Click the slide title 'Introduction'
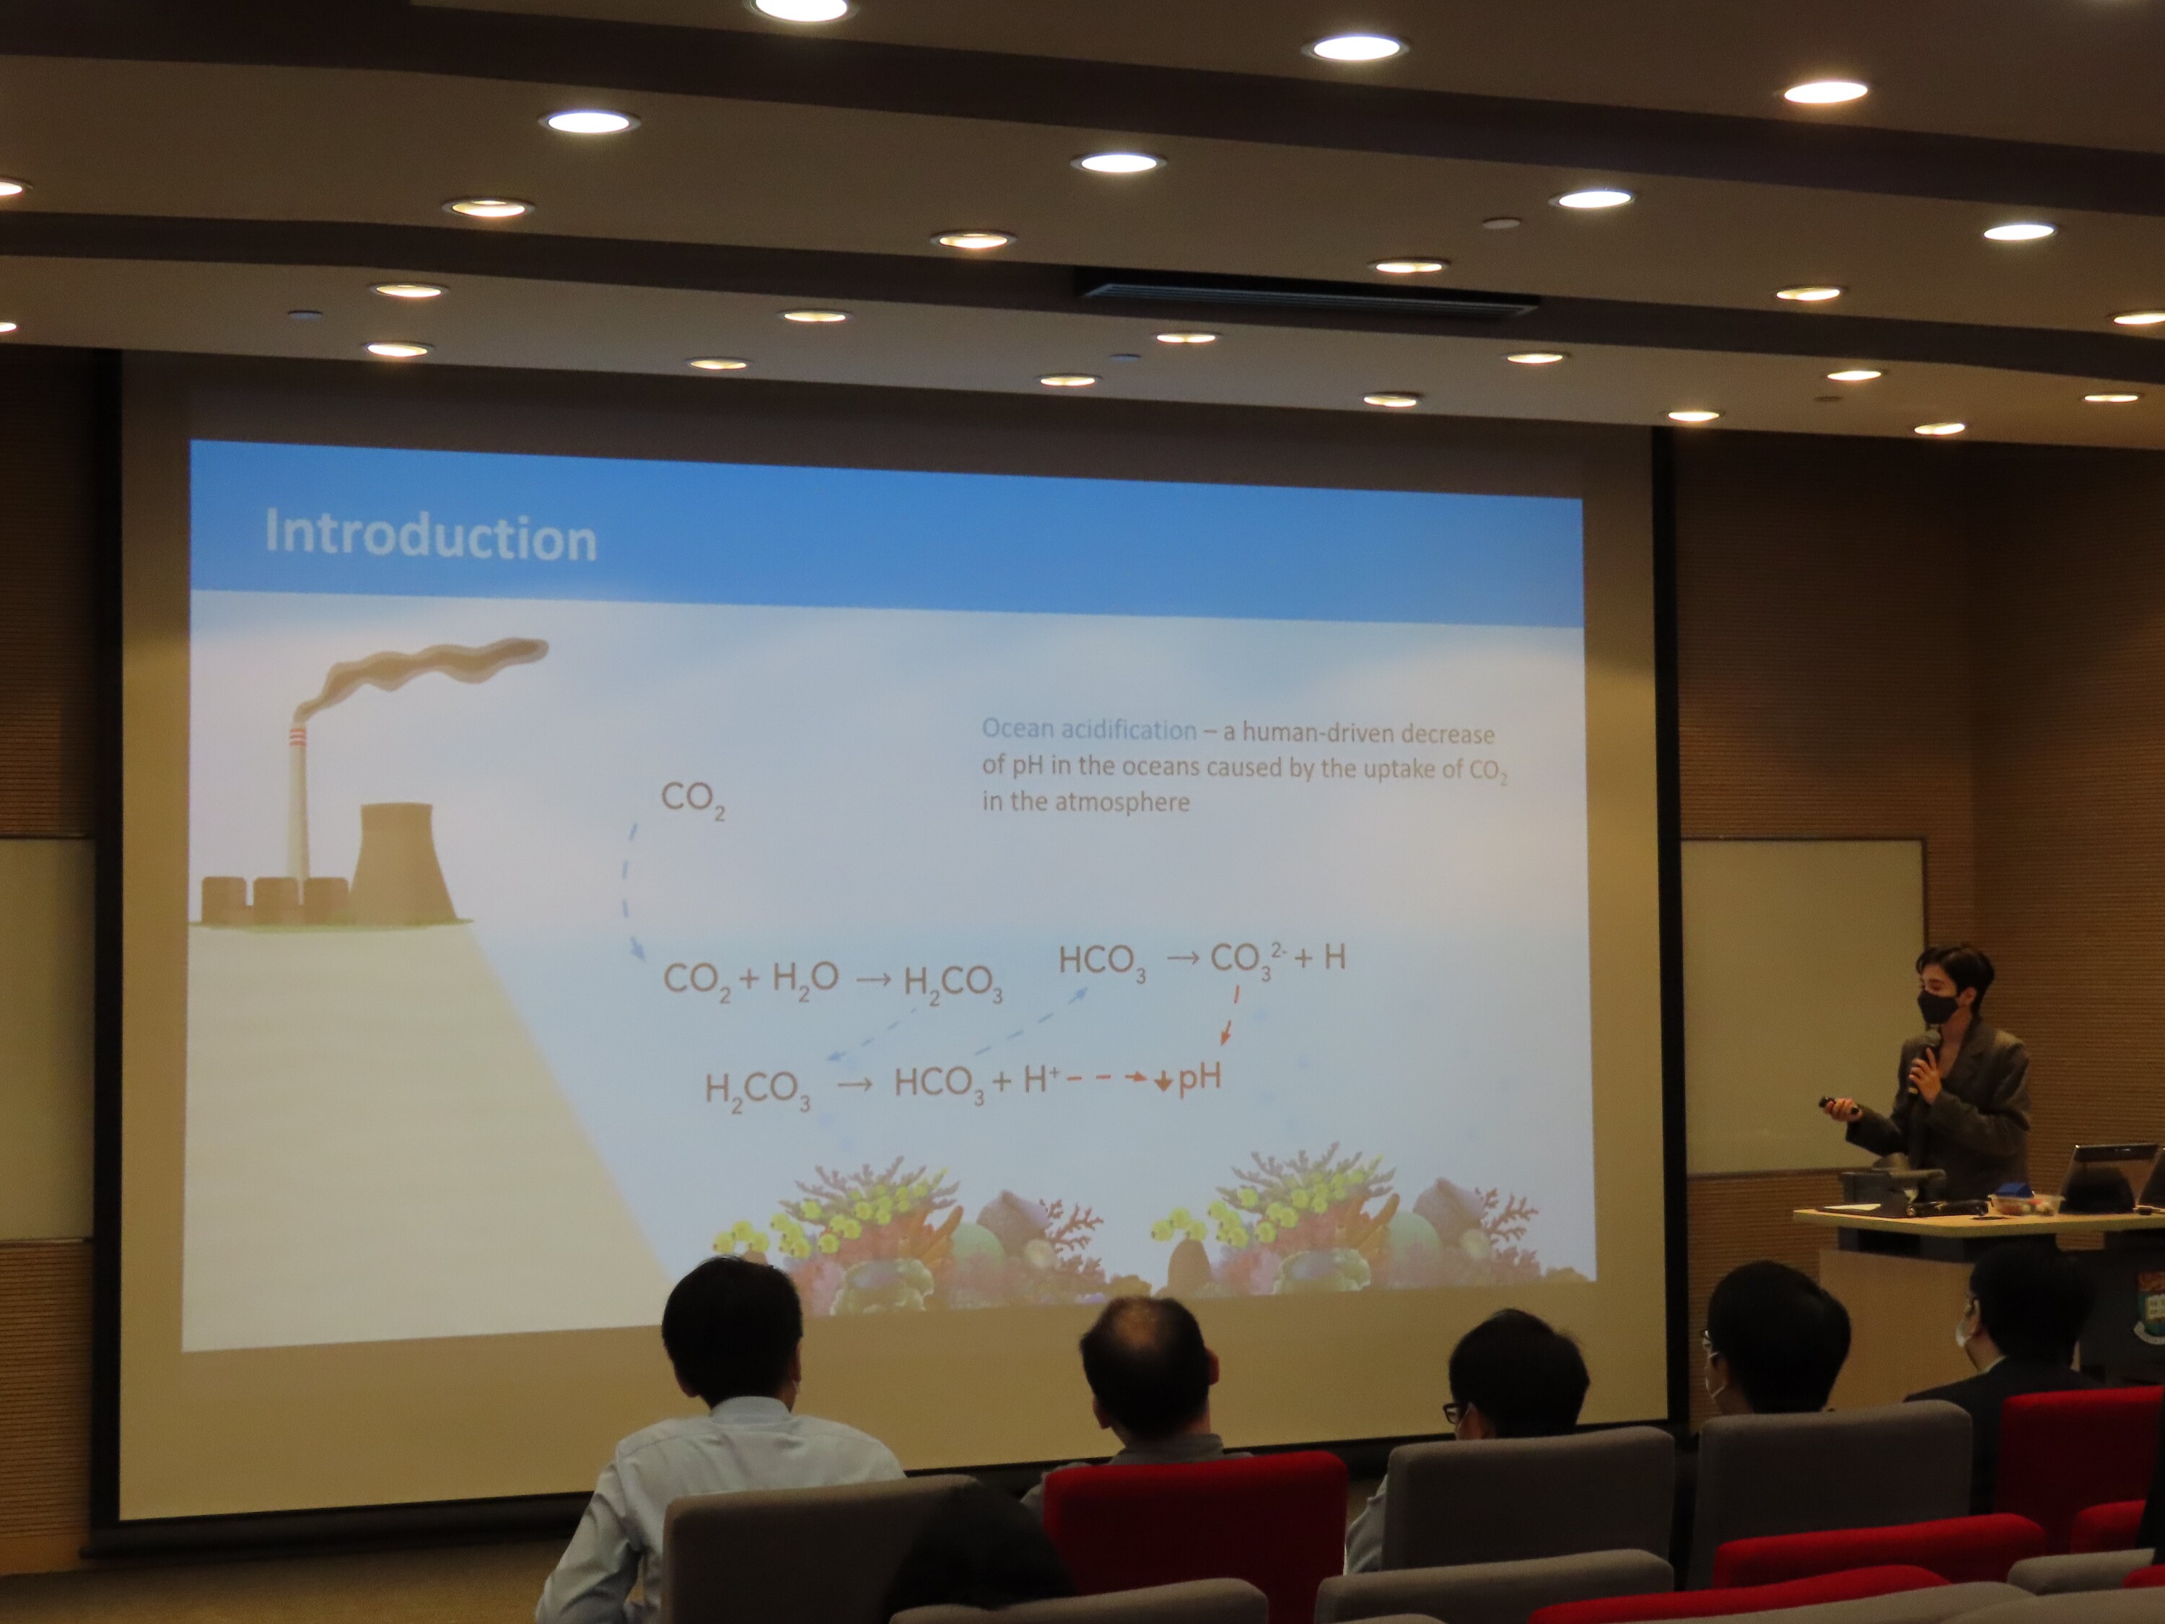pyautogui.click(x=431, y=536)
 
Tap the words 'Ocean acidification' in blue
pyautogui.click(x=1088, y=729)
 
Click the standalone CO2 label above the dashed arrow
pyautogui.click(x=693, y=799)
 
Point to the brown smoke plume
pyautogui.click(x=421, y=671)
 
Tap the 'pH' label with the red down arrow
pyautogui.click(x=1188, y=1079)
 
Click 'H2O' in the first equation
pyautogui.click(x=805, y=977)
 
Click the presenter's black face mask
pyautogui.click(x=1938, y=1005)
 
